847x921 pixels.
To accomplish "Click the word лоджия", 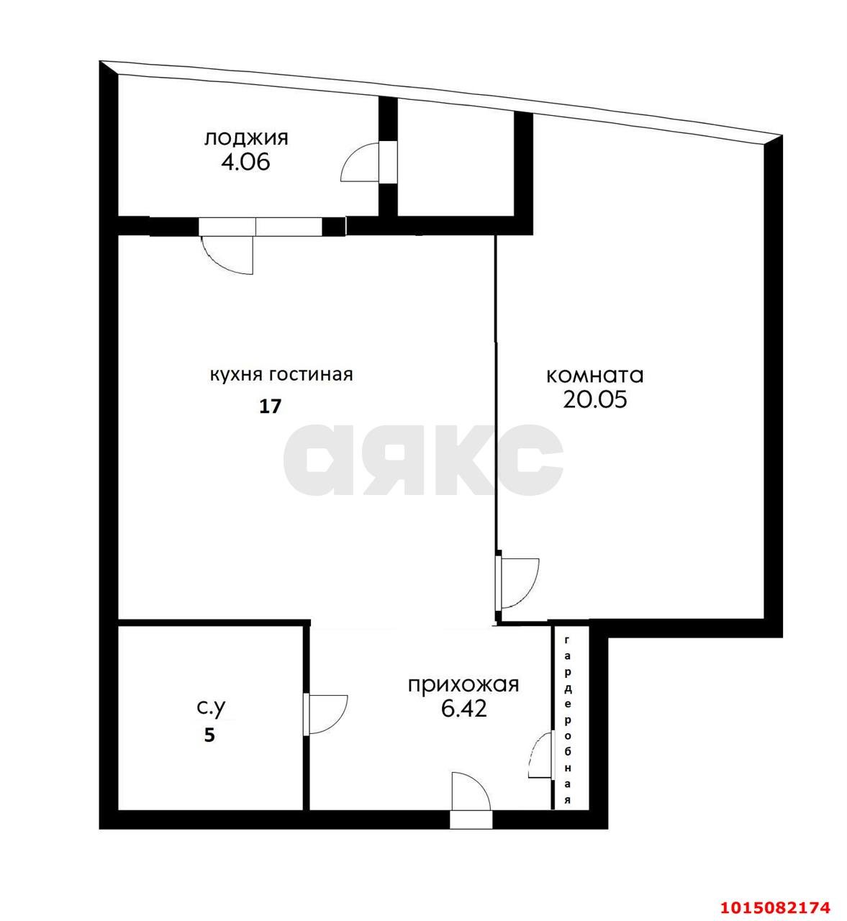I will pyautogui.click(x=246, y=137).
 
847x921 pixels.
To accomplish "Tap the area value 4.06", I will pyautogui.click(x=245, y=162).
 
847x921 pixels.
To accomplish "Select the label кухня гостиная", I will pyautogui.click(x=281, y=375).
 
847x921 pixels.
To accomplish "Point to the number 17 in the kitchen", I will pyautogui.click(x=270, y=407).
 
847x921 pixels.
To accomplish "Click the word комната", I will pyautogui.click(x=595, y=375).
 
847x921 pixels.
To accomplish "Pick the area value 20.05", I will pyautogui.click(x=595, y=399).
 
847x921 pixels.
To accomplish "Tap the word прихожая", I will pyautogui.click(x=463, y=684).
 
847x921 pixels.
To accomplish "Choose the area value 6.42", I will pyautogui.click(x=464, y=709).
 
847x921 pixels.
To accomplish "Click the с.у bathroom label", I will pyautogui.click(x=212, y=708).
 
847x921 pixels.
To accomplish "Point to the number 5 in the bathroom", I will pyautogui.click(x=209, y=736).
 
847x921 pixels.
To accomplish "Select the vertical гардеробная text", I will pyautogui.click(x=568, y=720).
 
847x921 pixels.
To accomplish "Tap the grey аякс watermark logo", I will pyautogui.click(x=423, y=459).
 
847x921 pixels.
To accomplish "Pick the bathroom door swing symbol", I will pyautogui.click(x=326, y=714).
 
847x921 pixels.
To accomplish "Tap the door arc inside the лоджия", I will pyautogui.click(x=360, y=163).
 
